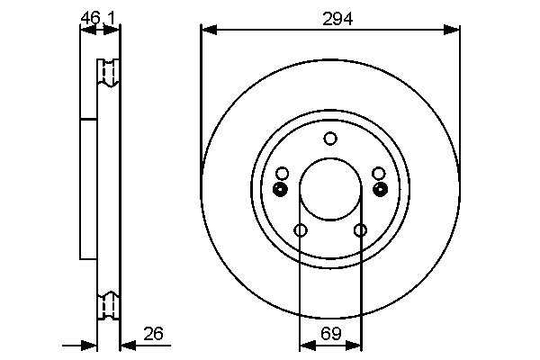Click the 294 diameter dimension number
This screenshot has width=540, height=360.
337,19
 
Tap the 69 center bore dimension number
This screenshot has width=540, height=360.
331,333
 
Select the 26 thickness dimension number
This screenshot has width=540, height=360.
153,334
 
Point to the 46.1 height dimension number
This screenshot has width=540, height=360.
98,18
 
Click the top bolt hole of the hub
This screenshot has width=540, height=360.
330,139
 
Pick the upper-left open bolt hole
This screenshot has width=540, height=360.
283,174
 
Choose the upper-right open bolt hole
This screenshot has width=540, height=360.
379,174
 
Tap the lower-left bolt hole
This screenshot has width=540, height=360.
301,229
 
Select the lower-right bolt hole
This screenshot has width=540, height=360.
360,229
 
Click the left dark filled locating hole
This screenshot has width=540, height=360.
280,189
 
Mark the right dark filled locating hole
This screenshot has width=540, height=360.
381,189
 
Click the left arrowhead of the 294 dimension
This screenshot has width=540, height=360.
209,30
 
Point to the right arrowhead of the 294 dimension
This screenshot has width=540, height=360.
451,30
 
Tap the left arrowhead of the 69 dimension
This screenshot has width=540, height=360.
308,345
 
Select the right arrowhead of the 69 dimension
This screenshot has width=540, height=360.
354,345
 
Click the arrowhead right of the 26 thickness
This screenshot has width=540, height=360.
128,345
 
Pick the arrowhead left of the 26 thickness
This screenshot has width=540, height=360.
89,345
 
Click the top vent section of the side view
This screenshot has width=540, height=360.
108,72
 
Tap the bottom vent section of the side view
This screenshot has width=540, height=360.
108,306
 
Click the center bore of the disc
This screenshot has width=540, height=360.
330,189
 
